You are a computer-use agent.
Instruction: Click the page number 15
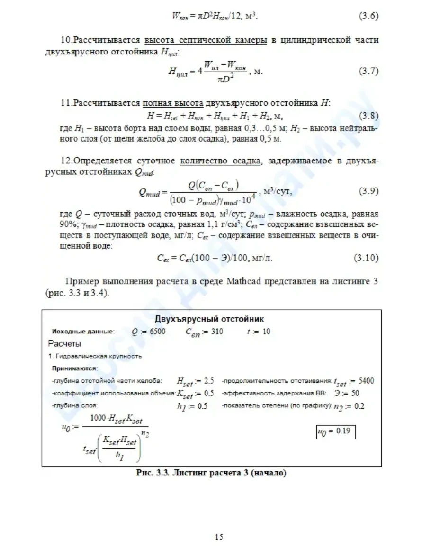click(219, 537)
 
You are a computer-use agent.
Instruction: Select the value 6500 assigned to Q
click(157, 332)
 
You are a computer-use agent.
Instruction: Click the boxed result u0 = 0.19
click(335, 431)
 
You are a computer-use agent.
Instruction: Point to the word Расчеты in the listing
click(64, 343)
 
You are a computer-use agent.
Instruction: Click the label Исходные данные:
click(76, 332)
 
